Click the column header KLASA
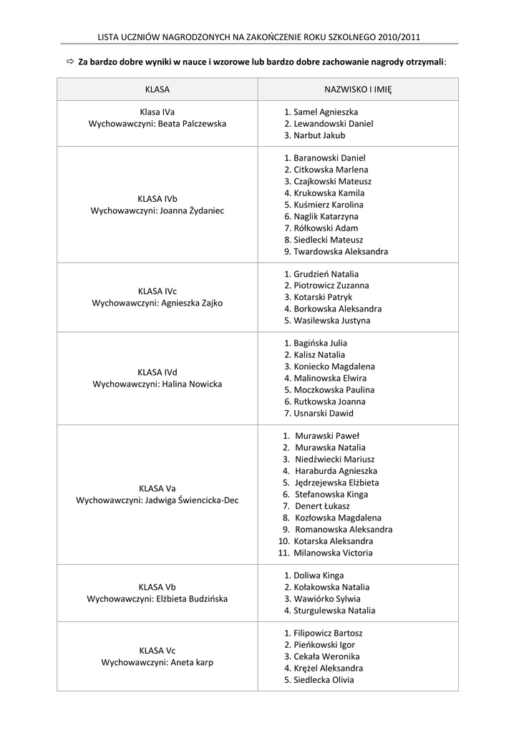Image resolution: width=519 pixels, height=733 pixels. coord(157,89)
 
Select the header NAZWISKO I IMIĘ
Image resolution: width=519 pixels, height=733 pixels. coord(358,89)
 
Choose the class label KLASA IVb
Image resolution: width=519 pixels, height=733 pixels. coord(157,198)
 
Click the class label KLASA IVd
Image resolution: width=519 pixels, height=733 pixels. coord(157,372)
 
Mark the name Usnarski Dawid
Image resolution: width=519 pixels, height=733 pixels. coord(323,413)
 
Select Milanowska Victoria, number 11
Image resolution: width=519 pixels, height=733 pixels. coord(333,553)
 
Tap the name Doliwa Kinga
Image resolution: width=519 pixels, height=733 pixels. coord(319,576)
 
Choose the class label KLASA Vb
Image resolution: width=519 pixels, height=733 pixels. coord(157,587)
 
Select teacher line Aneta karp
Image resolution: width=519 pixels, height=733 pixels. coord(191,662)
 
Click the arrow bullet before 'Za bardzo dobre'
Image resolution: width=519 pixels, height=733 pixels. coord(70,62)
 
